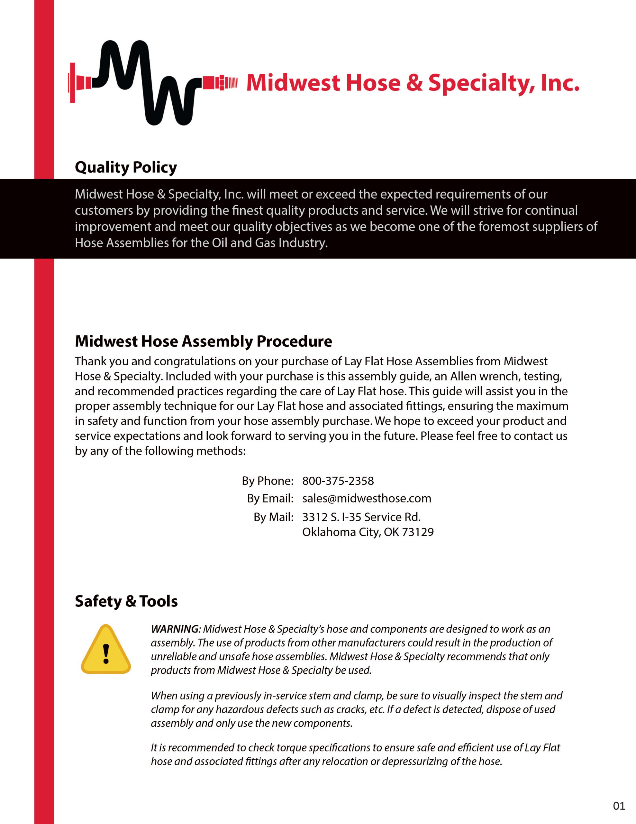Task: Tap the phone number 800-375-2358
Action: tap(338, 481)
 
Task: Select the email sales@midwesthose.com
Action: tap(367, 498)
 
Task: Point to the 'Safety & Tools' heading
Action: tap(126, 601)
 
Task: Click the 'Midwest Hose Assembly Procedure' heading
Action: tap(203, 341)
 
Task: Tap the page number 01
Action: tap(619, 806)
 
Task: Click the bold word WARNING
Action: tap(175, 629)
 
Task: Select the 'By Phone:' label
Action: tap(267, 481)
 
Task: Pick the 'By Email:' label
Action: tap(270, 498)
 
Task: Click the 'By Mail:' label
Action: tap(273, 517)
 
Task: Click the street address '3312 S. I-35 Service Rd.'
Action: tap(361, 517)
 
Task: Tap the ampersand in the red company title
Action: tap(414, 83)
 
